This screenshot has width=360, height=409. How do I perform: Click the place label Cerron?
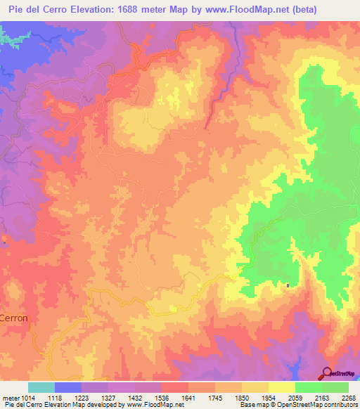14,318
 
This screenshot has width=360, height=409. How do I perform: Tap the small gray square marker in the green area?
288,285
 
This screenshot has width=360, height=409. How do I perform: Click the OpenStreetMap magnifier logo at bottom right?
327,372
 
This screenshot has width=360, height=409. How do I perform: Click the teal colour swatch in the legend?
41,387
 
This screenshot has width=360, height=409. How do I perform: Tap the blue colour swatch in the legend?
68,387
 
